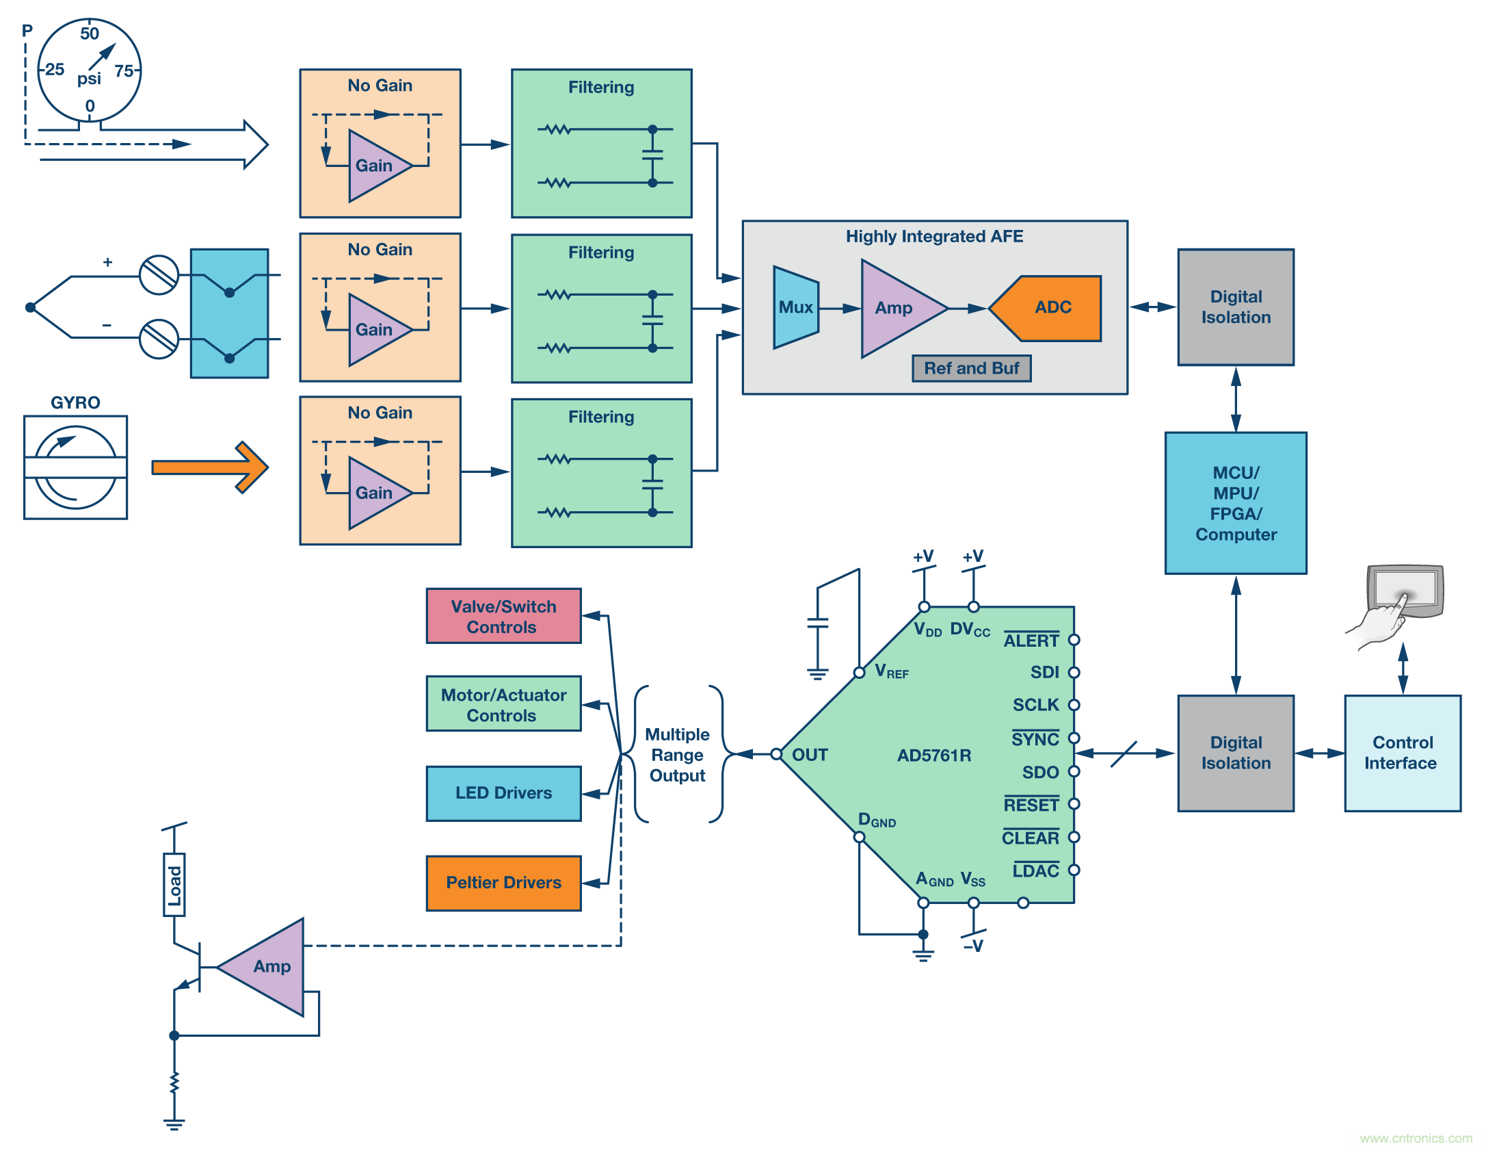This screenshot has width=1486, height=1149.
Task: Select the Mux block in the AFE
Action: point(795,308)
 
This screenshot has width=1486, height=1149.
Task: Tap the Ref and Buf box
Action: point(971,368)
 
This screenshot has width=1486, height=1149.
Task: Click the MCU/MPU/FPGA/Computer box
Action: point(1236,503)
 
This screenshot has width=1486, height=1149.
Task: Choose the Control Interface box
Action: point(1402,753)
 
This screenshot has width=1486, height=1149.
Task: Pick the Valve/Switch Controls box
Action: point(503,616)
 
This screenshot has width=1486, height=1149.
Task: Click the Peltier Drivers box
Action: point(503,883)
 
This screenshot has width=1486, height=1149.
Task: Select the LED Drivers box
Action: point(503,793)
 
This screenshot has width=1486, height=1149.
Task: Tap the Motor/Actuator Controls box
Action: point(503,704)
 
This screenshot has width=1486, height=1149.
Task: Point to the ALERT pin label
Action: point(1031,641)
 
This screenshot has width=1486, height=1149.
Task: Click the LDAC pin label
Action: point(1035,870)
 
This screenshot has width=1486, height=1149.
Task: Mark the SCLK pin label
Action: point(1035,705)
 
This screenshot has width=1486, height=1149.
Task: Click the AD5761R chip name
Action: point(934,756)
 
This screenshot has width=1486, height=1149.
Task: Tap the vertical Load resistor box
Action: point(174,884)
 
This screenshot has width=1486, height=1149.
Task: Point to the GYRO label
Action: point(75,402)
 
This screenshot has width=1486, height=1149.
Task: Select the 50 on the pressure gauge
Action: point(90,34)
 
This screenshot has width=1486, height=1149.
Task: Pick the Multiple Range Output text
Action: point(677,755)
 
